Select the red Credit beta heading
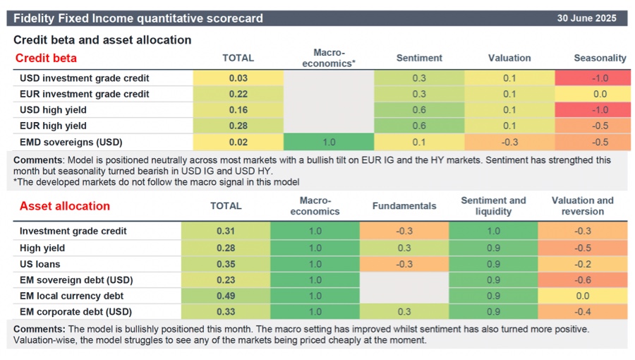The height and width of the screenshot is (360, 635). coord(46,58)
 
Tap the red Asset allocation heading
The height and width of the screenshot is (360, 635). coord(64,206)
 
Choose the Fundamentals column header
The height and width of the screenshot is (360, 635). coord(404,206)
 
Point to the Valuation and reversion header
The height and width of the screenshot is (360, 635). coord(582,206)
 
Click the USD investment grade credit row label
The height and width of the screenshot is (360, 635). coord(84,78)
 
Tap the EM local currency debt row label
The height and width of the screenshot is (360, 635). coord(71,296)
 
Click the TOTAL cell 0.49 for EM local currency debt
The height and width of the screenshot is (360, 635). coord(226,296)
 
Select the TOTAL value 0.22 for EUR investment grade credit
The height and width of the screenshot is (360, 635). coord(238,94)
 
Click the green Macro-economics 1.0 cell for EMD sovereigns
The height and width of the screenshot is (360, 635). coord(328,141)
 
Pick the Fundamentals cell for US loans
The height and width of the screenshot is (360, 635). coord(404,264)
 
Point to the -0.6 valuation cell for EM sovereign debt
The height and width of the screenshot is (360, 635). coord(582,280)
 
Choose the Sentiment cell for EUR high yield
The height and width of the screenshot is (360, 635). coord(419,126)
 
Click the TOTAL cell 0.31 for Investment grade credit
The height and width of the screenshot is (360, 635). coord(226,232)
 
